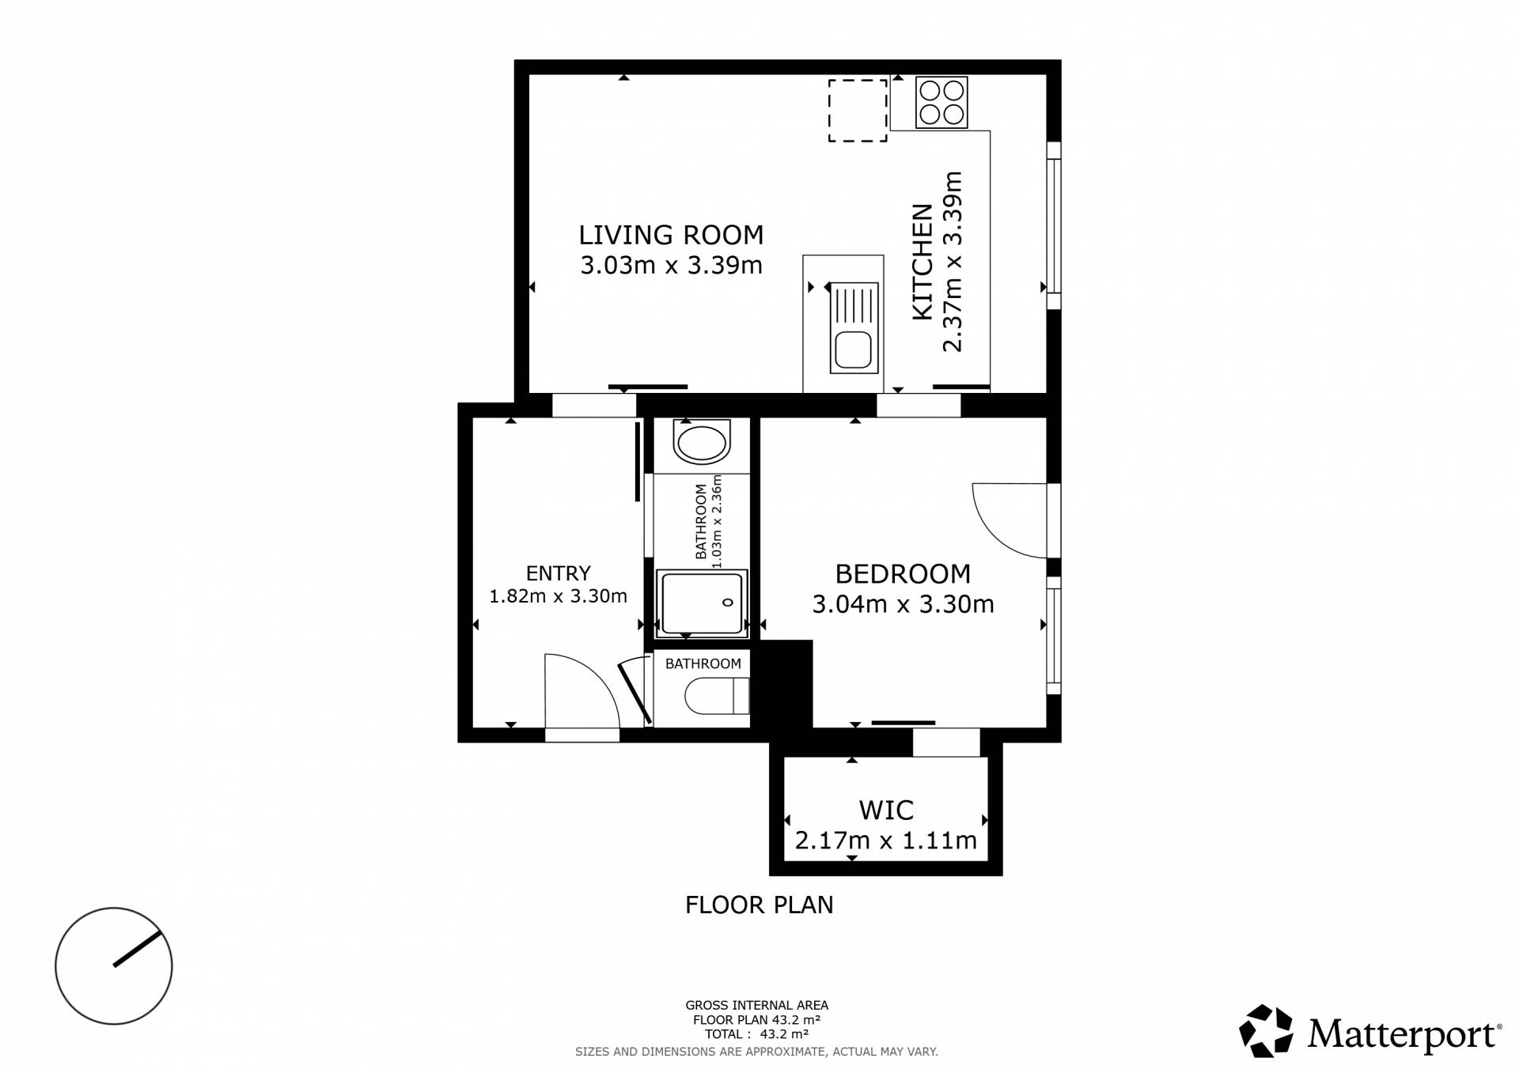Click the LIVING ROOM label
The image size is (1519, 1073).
(x=671, y=235)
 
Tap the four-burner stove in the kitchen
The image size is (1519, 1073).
(x=941, y=103)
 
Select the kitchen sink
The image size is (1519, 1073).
(x=854, y=328)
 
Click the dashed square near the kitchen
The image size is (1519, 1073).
(x=858, y=111)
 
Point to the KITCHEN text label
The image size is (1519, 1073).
(x=922, y=262)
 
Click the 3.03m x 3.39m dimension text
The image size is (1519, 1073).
(x=671, y=265)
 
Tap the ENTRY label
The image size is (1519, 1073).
(x=559, y=573)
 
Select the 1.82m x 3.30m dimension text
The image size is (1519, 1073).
(x=559, y=596)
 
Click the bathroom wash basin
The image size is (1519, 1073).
(x=701, y=443)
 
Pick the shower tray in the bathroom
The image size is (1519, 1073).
(x=702, y=603)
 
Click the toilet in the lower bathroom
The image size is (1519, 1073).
(x=717, y=696)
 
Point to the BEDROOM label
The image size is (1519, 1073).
(x=903, y=574)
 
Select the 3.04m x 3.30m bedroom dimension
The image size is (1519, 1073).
(x=903, y=605)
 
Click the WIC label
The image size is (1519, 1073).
(x=886, y=810)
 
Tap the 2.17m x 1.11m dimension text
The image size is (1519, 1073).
(x=886, y=841)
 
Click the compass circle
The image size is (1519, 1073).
(x=114, y=965)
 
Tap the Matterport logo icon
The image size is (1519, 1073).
(x=1266, y=1030)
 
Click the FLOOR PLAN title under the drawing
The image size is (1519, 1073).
(x=759, y=905)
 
